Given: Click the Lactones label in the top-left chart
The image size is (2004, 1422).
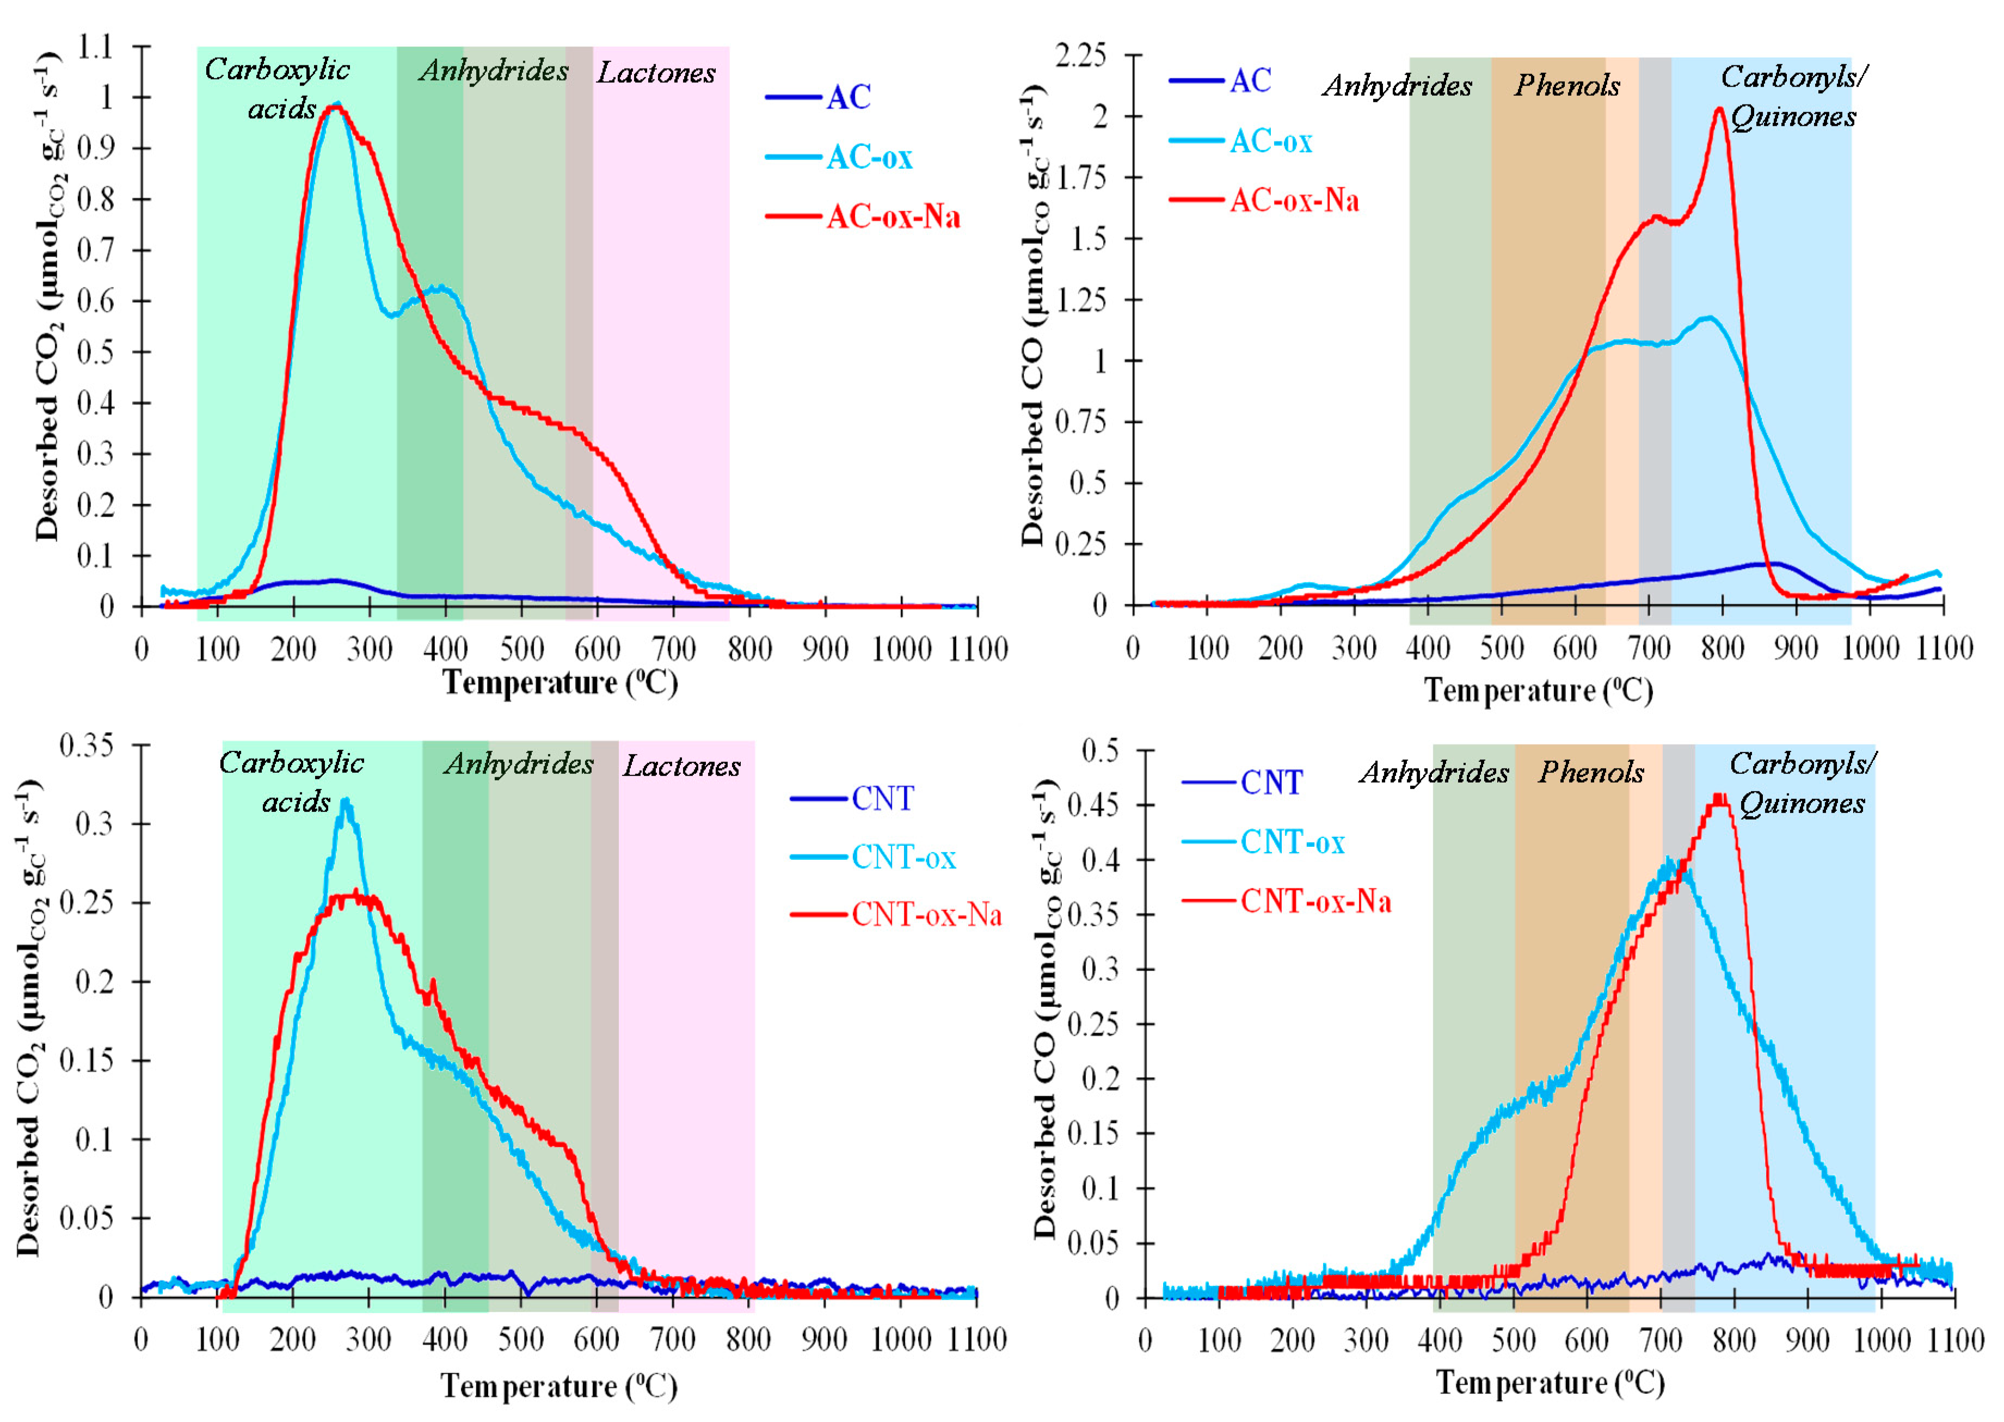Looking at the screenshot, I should (656, 73).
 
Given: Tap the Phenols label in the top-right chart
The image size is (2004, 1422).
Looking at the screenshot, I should (1567, 86).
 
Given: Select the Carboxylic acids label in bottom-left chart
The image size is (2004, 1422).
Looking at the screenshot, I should (292, 781).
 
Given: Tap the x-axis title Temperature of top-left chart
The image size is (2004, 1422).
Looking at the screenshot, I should (560, 682).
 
